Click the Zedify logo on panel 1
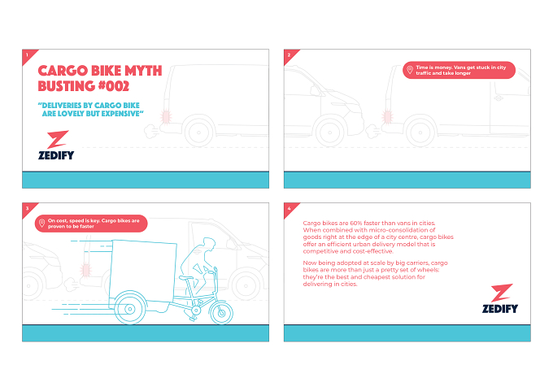[x=56, y=145]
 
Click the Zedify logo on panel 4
[x=500, y=298]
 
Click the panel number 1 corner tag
[x=28, y=56]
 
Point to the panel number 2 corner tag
[x=290, y=56]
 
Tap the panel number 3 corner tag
[x=28, y=210]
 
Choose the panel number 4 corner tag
[x=290, y=210]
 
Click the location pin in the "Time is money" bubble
[x=409, y=70]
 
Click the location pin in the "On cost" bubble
[x=41, y=224]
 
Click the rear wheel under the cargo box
[x=130, y=308]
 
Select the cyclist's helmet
[x=209, y=242]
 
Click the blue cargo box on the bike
[x=143, y=271]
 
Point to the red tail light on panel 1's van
[x=165, y=116]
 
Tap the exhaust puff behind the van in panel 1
[x=152, y=131]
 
